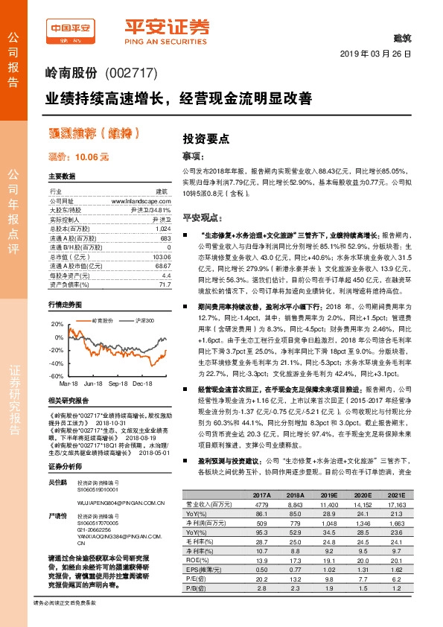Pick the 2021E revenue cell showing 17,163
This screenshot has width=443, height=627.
tap(393, 504)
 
